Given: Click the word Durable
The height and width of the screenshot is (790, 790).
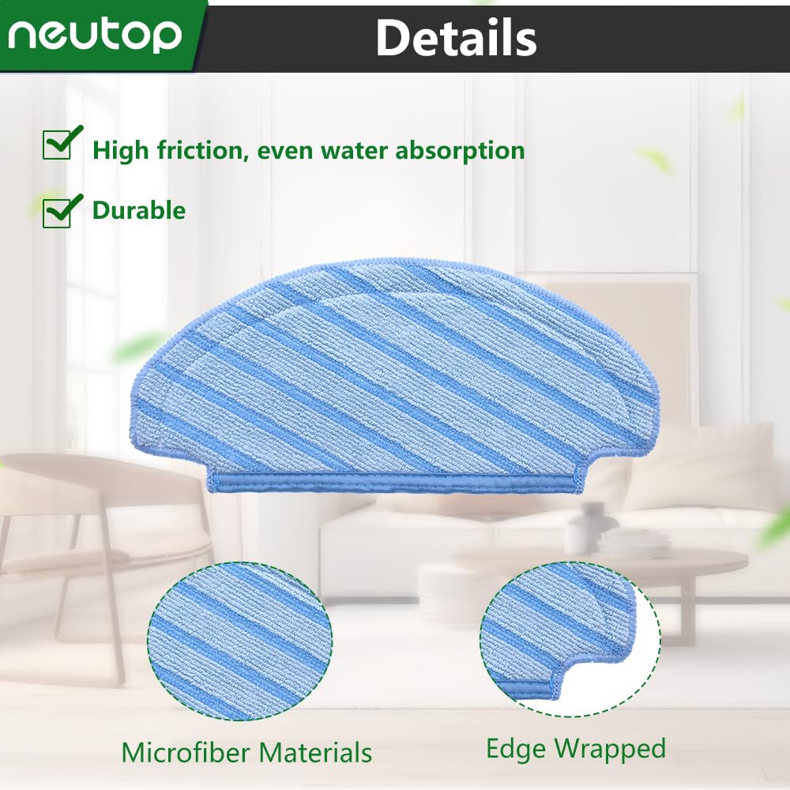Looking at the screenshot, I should click(x=139, y=210).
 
